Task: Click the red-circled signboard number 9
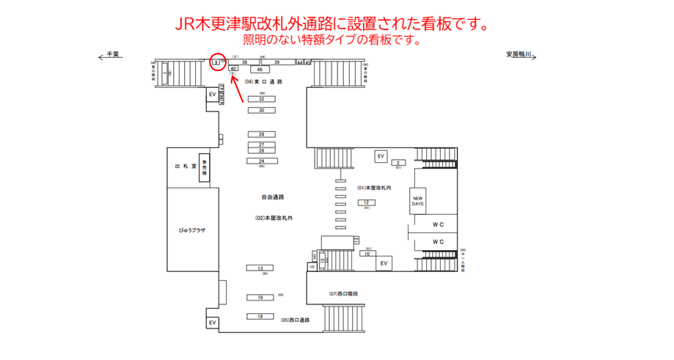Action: point(216,62)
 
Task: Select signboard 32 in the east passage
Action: point(261,99)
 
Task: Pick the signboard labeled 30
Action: point(261,110)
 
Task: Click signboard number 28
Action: point(261,135)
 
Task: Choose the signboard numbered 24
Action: point(261,161)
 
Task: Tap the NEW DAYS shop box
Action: point(417,200)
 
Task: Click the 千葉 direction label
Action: point(112,54)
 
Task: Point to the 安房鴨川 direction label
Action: point(522,54)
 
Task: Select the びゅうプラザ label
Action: point(193,229)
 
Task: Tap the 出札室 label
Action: point(186,166)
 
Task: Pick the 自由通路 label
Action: point(272,197)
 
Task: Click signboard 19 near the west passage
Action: point(260,298)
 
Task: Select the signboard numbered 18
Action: point(260,316)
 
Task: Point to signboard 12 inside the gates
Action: point(366,202)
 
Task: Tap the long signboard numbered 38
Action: point(244,62)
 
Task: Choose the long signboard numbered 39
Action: point(276,62)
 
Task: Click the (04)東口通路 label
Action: point(263,82)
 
